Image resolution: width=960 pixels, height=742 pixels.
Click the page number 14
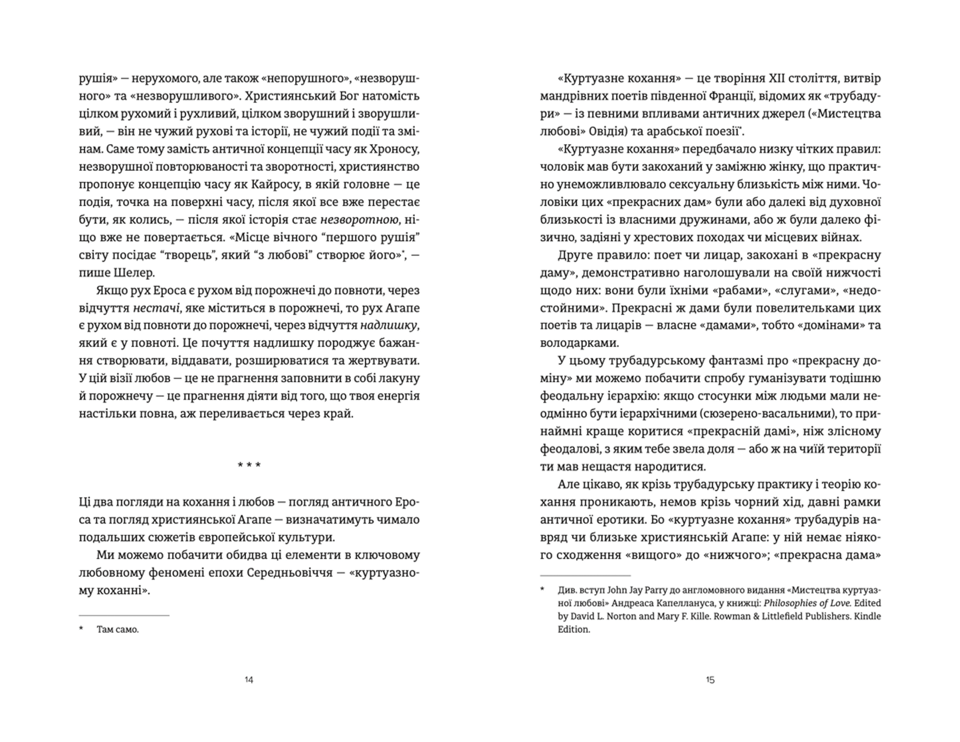point(249,680)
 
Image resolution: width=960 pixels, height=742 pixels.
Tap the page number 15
point(710,680)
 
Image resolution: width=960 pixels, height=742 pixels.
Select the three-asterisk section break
point(249,465)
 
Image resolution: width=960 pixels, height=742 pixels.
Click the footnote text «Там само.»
point(118,629)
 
